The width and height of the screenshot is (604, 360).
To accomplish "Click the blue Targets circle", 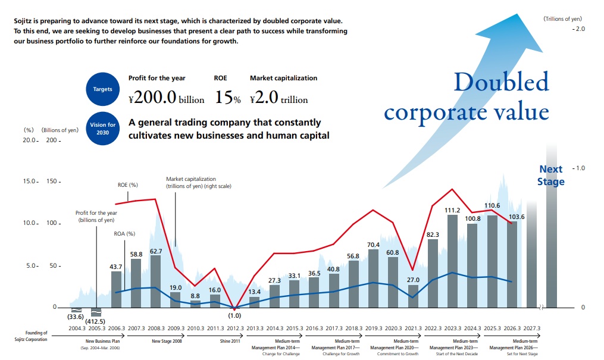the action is (102, 89).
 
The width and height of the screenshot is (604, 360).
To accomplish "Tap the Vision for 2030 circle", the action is (102, 129).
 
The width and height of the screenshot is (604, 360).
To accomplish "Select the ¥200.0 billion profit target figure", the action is (167, 97).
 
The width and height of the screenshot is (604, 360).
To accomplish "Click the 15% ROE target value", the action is (227, 97).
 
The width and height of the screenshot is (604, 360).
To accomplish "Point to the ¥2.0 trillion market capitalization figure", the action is (279, 97).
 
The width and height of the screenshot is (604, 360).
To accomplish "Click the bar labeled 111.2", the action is (452, 261).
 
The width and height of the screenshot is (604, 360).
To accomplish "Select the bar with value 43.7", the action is (116, 290).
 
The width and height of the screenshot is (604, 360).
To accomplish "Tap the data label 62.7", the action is (156, 252).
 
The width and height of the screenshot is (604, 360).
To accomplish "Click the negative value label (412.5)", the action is (95, 321).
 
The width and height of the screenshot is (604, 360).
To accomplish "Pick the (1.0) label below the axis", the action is (234, 316).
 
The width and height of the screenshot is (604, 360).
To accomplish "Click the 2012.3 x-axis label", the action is (235, 328).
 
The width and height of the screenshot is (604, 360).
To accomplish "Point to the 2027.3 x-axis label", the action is (531, 328).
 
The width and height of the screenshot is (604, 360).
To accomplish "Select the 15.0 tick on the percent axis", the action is (29, 181).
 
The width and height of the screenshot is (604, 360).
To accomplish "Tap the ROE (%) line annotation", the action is (127, 185).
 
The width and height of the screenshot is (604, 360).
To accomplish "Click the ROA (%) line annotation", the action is (124, 234).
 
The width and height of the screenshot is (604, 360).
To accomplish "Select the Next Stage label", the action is (551, 175).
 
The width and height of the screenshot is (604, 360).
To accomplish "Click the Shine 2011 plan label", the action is (230, 341).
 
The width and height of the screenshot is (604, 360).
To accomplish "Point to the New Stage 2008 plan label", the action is (167, 341).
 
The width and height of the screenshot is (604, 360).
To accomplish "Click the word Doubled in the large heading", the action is (501, 82).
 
